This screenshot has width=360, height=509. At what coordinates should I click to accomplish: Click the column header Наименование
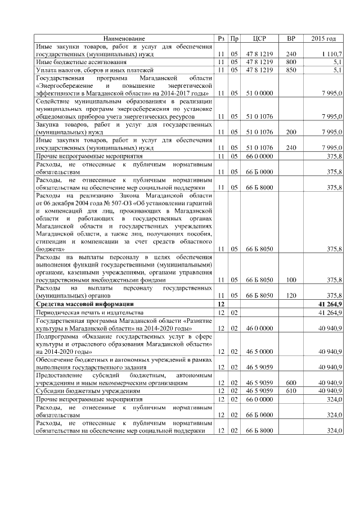click(124, 38)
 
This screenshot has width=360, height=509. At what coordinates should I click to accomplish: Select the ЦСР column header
click(260, 38)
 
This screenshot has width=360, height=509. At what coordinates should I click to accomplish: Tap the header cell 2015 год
click(323, 38)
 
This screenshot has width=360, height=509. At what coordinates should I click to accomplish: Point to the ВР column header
click(291, 38)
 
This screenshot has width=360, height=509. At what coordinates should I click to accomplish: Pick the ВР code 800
click(291, 61)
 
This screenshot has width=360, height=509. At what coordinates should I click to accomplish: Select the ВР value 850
click(291, 69)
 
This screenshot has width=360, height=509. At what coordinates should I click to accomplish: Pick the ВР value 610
click(291, 390)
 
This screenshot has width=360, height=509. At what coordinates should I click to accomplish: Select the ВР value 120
click(291, 295)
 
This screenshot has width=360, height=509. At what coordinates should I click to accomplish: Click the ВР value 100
click(291, 279)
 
